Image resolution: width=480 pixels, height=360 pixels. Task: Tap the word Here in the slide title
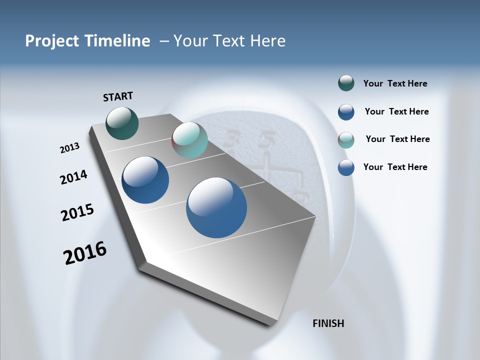(x=267, y=41)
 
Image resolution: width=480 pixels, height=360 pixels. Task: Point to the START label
(x=118, y=96)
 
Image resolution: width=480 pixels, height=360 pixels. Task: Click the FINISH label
(x=328, y=323)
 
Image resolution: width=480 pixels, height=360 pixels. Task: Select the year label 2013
(x=69, y=148)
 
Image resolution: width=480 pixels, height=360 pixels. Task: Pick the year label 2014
(x=73, y=177)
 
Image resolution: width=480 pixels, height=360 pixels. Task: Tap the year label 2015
(x=77, y=212)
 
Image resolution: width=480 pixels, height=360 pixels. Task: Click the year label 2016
(x=85, y=253)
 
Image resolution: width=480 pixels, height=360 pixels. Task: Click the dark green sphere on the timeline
(x=122, y=123)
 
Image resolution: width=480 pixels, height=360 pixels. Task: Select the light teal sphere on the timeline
(x=189, y=140)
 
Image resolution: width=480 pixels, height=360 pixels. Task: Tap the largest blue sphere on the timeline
(x=216, y=207)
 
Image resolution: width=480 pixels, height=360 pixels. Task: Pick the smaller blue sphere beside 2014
(x=145, y=180)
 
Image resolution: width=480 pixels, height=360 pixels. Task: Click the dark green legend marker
(x=346, y=83)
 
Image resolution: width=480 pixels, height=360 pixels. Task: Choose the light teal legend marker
(x=346, y=140)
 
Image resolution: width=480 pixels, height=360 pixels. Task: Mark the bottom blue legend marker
(x=346, y=167)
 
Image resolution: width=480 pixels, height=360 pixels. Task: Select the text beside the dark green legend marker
(x=395, y=84)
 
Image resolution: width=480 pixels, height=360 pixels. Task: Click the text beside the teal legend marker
(x=397, y=139)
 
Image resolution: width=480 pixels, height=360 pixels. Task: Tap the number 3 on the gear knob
(x=232, y=137)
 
